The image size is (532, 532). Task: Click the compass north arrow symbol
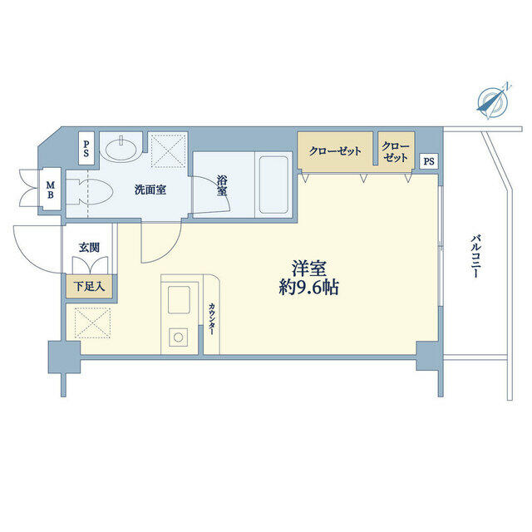point(493,101)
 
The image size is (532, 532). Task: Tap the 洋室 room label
point(308,268)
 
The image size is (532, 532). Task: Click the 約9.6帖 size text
point(308,288)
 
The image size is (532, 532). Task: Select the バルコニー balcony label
point(476,257)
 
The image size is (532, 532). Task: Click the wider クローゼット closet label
point(335,151)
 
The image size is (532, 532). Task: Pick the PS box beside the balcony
point(429,161)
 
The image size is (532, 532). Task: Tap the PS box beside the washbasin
point(86,149)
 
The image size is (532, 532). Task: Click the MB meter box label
point(51,190)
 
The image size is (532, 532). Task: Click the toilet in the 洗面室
point(89,191)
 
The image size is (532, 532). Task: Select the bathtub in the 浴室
point(273,185)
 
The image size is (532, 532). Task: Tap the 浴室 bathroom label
point(222,185)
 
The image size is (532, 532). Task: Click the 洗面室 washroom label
point(150,190)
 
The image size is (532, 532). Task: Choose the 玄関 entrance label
point(89,248)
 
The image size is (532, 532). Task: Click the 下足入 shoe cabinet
point(89,287)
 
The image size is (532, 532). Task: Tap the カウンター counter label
point(211,319)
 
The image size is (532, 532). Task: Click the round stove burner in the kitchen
point(179,337)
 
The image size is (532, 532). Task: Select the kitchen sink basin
point(179,299)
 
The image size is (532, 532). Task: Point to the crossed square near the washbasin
point(169,150)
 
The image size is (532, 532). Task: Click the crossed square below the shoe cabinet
point(92,323)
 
